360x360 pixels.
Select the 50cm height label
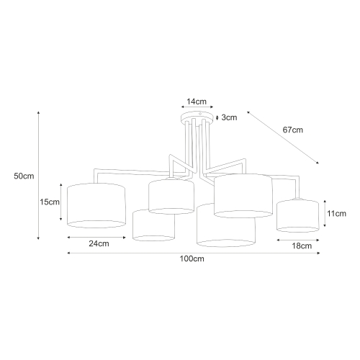pos(24,176)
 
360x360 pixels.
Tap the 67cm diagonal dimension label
pos(292,130)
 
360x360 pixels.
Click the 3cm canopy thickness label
pos(230,117)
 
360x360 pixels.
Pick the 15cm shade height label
pos(50,202)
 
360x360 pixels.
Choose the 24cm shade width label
pos(99,243)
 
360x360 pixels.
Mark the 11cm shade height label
pos(338,214)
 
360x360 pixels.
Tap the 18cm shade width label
pos(302,246)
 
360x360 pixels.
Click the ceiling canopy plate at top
pos(195,118)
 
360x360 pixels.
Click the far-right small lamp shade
pos(297,215)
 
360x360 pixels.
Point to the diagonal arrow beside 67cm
pos(282,138)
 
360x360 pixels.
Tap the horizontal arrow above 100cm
pos(194,253)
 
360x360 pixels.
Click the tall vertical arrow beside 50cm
pos(38,176)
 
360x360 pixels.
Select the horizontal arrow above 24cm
pos(96,236)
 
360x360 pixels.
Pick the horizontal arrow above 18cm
pos(297,238)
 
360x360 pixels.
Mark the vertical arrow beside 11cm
pos(326,214)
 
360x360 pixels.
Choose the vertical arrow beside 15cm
pos(63,202)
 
